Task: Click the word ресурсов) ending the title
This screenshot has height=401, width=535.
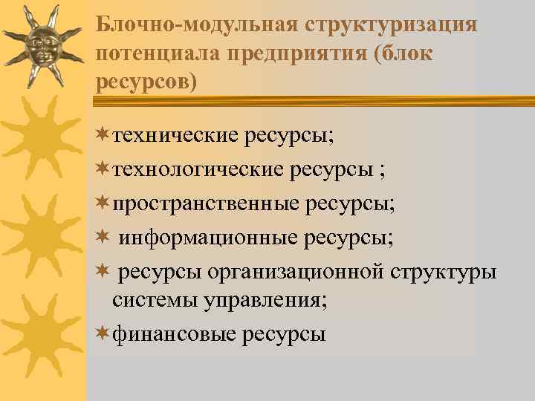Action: tap(147, 80)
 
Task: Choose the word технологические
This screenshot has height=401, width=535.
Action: tap(198, 170)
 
